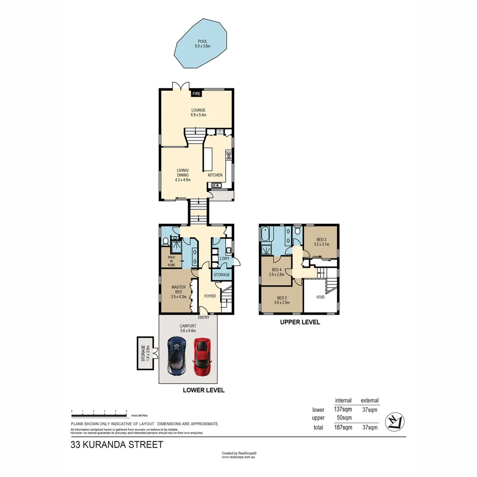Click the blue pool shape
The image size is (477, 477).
coord(201,44)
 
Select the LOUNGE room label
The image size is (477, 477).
coord(198,110)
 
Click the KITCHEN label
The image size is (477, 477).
coord(215,175)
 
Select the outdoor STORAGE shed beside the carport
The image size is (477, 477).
coord(144,353)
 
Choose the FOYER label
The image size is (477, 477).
coord(210,296)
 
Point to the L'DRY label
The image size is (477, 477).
coord(218,258)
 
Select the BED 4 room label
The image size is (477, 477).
coord(276,270)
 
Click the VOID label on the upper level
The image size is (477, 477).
coord(321,297)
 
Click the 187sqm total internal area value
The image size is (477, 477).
coord(343,427)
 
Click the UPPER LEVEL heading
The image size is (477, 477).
coord(300,322)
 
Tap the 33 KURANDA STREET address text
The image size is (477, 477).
coord(117,445)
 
